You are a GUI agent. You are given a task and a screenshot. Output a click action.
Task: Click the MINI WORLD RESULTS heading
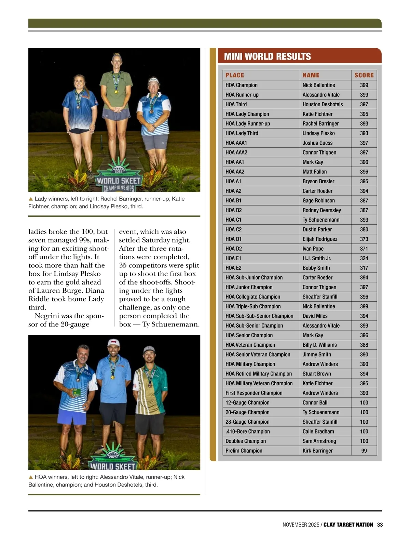(267, 56)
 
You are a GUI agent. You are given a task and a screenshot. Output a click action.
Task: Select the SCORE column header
(364, 75)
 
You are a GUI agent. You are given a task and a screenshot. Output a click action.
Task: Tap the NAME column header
(311, 75)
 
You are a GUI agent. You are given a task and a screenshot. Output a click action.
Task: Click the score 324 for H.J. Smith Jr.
(364, 259)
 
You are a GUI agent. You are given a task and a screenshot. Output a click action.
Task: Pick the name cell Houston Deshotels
(323, 104)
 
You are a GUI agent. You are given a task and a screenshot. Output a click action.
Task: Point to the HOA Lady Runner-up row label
(248, 124)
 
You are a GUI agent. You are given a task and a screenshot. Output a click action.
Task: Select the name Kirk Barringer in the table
(317, 451)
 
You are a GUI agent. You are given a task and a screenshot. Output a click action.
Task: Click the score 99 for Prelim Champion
(364, 451)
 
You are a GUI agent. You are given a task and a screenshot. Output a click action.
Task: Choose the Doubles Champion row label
(246, 441)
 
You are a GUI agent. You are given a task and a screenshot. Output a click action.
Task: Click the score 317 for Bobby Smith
(364, 268)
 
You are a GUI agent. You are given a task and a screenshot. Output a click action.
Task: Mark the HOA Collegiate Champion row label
(253, 297)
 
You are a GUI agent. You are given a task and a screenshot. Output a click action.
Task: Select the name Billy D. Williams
(319, 345)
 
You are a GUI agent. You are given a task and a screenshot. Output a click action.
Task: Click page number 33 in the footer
(380, 525)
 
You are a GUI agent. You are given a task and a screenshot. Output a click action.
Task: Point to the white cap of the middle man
(114, 343)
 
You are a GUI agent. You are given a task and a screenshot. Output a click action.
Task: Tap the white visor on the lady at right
(153, 81)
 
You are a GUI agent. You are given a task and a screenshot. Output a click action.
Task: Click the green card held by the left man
(77, 392)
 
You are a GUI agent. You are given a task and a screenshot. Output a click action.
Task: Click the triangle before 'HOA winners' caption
(31, 477)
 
